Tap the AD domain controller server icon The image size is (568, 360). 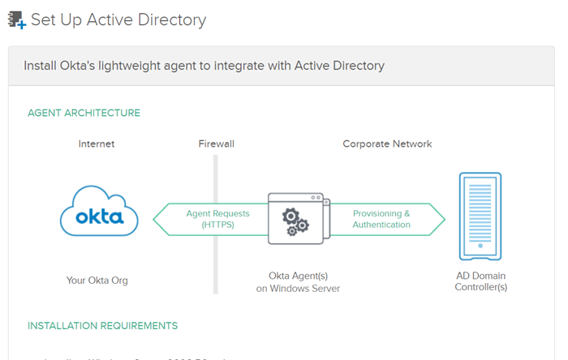[480, 216]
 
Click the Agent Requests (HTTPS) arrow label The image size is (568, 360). [217, 219]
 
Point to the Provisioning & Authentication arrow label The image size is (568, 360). [381, 219]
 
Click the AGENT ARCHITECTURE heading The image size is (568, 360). [84, 113]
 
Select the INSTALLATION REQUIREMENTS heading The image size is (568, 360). [102, 326]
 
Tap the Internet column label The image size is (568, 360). [97, 144]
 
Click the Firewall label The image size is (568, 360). [216, 144]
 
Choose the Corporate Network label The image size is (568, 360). [387, 144]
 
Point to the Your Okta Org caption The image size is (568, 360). [97, 281]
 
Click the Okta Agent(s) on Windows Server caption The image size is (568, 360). [298, 282]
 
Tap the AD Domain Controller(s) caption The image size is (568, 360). [481, 281]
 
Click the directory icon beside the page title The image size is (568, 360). [16, 19]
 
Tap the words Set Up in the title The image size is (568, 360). [52, 19]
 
